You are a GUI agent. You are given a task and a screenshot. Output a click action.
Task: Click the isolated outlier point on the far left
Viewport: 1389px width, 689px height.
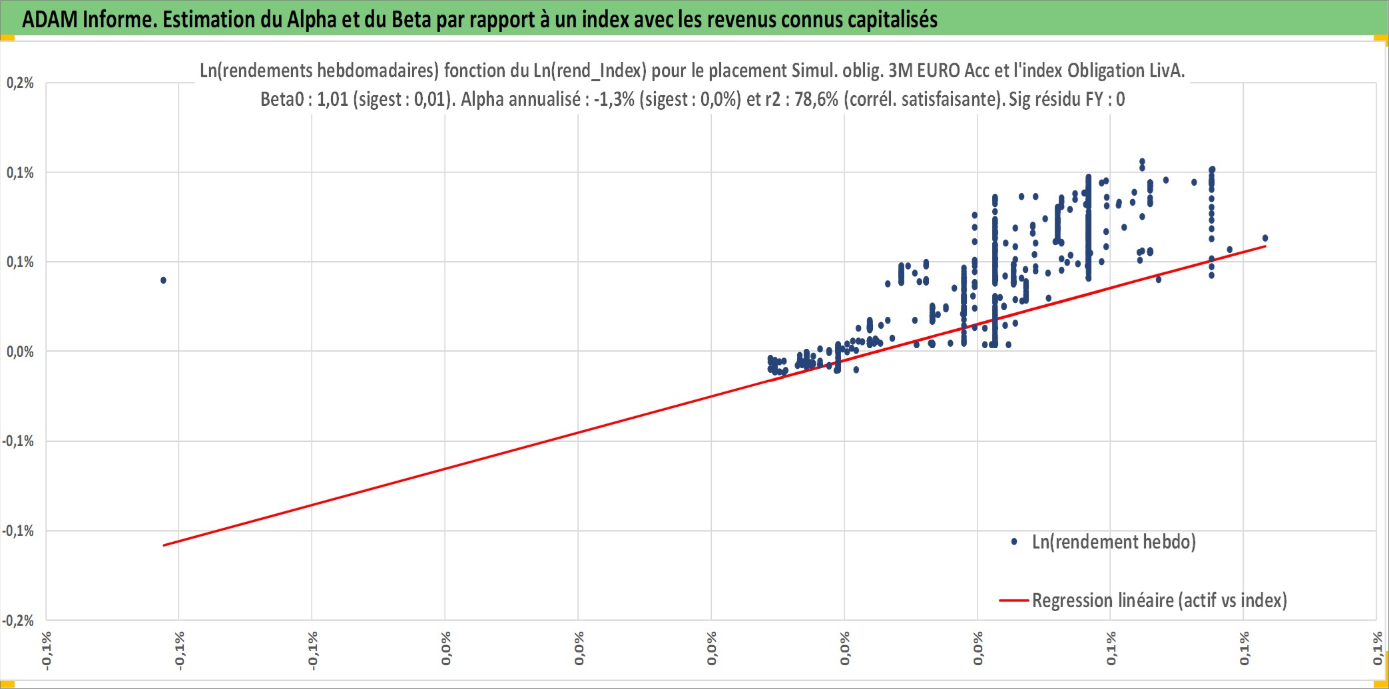point(163,280)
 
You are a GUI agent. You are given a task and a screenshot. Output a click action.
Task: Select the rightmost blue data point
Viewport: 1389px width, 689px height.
point(1265,238)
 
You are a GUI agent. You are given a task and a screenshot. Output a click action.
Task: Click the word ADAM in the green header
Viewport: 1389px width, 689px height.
point(50,19)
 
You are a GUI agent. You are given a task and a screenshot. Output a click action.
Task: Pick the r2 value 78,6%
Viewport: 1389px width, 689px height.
point(816,99)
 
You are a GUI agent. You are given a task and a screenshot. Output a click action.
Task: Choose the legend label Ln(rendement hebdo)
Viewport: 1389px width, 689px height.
point(1114,542)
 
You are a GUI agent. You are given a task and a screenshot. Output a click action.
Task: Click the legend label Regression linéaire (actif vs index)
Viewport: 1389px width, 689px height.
point(1159,600)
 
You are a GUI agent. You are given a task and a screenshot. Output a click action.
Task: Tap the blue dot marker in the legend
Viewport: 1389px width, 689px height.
point(1014,542)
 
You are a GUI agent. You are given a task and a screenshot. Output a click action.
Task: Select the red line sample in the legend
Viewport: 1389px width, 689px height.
point(1014,600)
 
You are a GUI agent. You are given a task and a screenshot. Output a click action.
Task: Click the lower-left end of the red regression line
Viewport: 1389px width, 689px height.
point(163,545)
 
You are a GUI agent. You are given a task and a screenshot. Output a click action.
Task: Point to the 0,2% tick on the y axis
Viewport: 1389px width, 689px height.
point(21,83)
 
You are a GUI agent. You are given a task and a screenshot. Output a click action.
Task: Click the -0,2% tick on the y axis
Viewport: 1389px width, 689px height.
point(18,620)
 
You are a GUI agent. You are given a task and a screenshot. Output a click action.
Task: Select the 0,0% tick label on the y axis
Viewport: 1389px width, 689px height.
point(21,351)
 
